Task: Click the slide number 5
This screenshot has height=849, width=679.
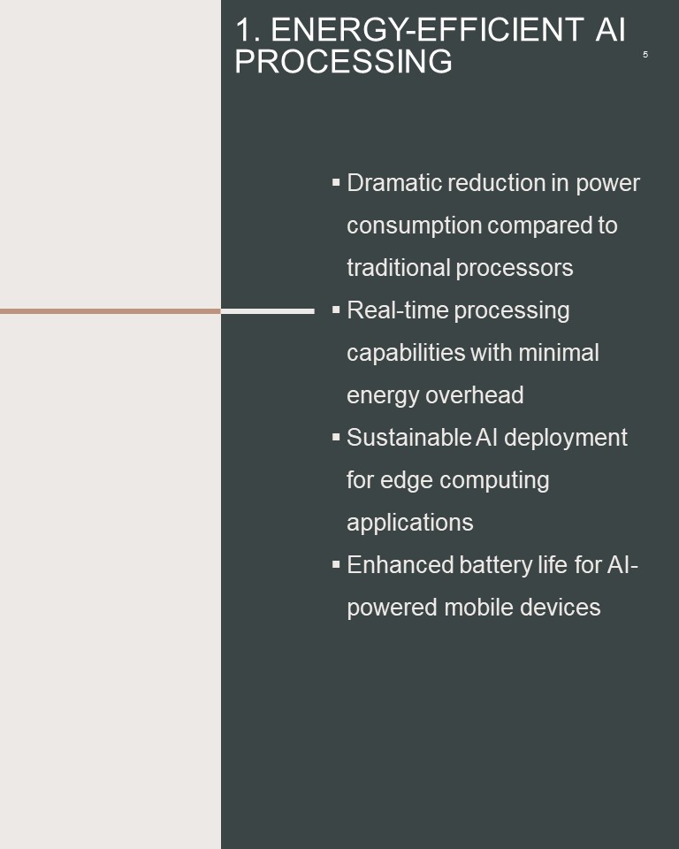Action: [x=645, y=55]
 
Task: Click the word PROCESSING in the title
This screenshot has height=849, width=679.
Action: [x=343, y=61]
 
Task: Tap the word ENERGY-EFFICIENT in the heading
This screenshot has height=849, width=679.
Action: [x=427, y=29]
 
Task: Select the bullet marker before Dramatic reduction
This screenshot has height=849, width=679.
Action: [x=336, y=182]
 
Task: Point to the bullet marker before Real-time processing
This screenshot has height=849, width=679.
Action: [x=336, y=310]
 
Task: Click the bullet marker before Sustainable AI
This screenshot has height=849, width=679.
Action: [x=336, y=437]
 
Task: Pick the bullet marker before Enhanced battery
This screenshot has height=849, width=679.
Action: [x=336, y=564]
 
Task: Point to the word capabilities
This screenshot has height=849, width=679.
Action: [x=406, y=354]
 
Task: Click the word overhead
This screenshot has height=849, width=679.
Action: [x=474, y=395]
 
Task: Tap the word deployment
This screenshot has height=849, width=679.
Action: [x=565, y=439]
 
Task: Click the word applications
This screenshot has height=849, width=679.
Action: [x=410, y=524]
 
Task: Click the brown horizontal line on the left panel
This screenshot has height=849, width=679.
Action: [x=111, y=311]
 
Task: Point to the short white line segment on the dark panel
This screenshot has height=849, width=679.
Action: [x=268, y=311]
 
